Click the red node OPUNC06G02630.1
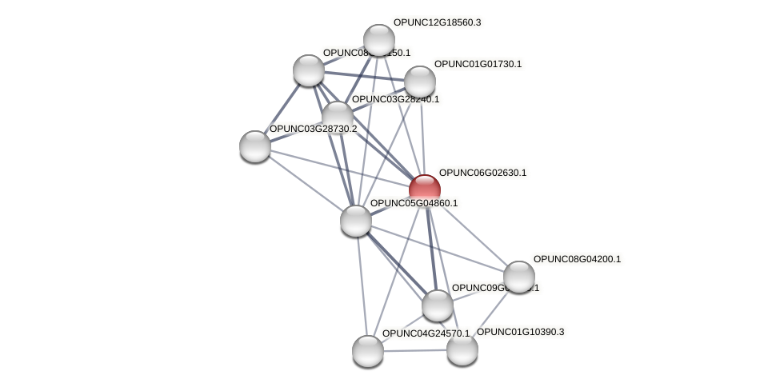425,190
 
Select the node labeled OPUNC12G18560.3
378,39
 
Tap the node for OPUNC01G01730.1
419,81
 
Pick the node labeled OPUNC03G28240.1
337,115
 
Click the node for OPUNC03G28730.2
255,146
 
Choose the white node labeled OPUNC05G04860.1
355,221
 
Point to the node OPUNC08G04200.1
518,277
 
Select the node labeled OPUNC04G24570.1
368,350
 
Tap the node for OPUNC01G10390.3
462,349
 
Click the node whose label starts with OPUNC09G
437,305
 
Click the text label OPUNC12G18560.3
437,22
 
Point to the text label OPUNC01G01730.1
478,64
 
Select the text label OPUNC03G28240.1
396,99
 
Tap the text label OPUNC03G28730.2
313,129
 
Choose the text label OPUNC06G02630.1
482,173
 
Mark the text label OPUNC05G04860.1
414,203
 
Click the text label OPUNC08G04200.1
577,259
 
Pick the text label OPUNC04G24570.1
426,333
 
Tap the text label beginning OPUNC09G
495,288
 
